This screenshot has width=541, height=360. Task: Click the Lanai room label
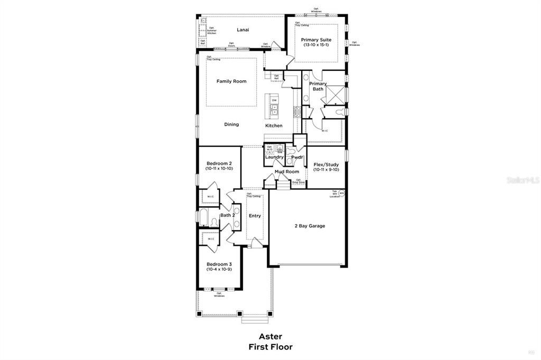tap(243, 30)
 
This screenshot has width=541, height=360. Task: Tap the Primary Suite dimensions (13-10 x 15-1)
tap(316, 45)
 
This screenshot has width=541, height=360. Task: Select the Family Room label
tap(231, 81)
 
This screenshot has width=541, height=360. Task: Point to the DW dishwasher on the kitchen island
tap(274, 100)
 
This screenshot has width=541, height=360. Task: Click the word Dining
tap(231, 125)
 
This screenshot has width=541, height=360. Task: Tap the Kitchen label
tap(274, 126)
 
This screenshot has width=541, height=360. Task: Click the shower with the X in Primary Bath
tap(334, 94)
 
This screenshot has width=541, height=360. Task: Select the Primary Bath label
tap(318, 86)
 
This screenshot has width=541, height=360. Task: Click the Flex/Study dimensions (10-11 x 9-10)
tap(326, 169)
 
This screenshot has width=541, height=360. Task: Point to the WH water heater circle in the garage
tap(341, 193)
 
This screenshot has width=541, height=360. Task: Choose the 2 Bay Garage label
tap(310, 226)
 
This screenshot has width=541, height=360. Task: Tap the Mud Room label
tap(287, 172)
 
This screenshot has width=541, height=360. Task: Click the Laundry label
tap(274, 157)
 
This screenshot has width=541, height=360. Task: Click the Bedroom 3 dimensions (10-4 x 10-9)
tap(219, 270)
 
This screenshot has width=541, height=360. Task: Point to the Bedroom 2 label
tap(219, 163)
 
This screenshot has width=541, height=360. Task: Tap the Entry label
tap(255, 215)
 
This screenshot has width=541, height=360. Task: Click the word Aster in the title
tap(270, 336)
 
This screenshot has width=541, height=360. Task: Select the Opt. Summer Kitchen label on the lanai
tap(211, 31)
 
